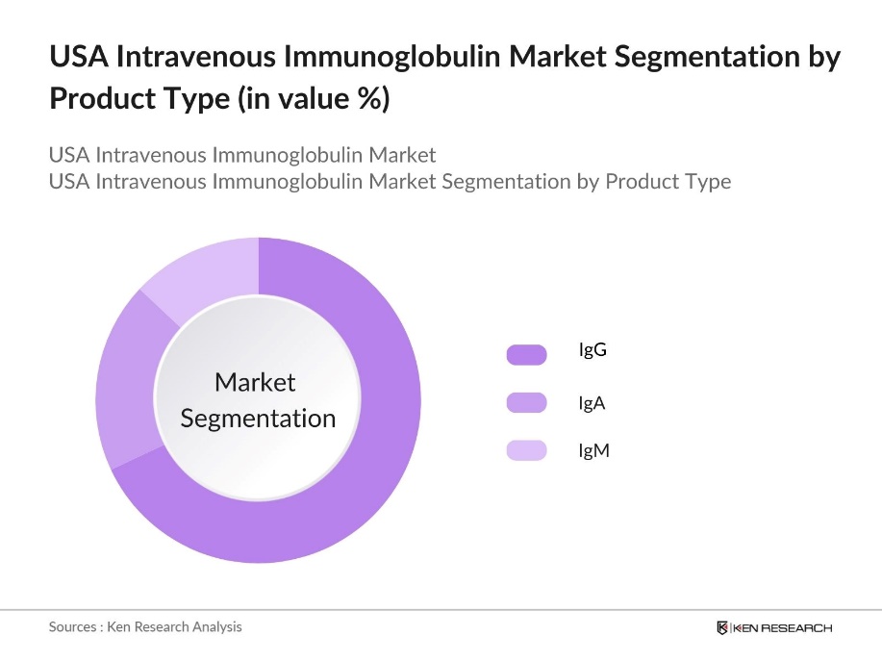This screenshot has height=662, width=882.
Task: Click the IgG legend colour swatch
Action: point(526,355)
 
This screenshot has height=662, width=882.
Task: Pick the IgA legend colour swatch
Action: point(526,403)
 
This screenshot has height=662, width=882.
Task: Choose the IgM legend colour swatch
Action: point(526,450)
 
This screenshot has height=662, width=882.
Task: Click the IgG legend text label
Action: point(592,350)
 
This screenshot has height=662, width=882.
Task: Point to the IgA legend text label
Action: point(592,403)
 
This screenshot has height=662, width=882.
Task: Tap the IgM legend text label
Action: point(593,450)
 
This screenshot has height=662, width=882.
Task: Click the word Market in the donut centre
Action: point(255,382)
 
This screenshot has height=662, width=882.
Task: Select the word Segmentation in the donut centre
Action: point(258,419)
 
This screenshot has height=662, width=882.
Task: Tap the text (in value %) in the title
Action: point(314,99)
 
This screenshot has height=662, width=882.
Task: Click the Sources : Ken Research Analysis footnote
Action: point(145,626)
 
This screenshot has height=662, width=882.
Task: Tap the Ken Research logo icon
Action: point(722,628)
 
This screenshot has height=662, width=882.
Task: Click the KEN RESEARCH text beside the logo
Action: point(783,628)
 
